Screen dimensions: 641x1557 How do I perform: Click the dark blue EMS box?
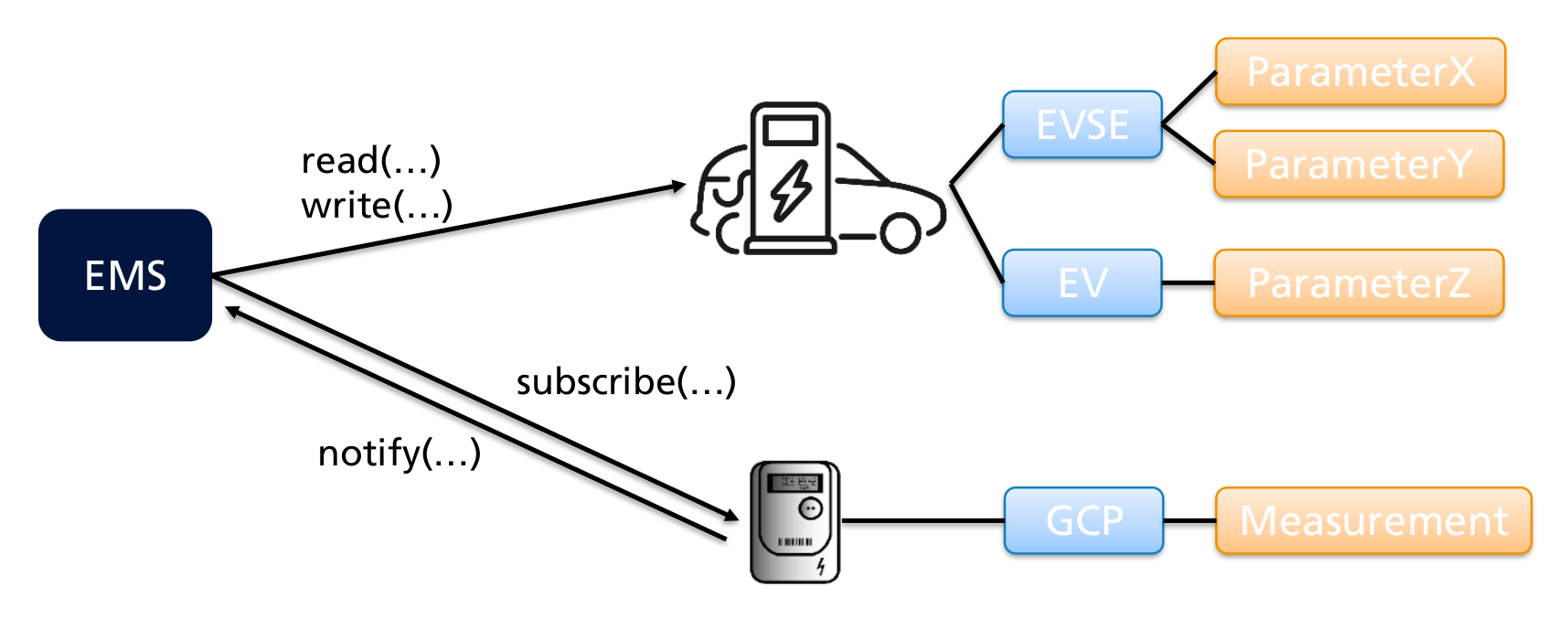pos(125,275)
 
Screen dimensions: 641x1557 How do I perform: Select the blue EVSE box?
pos(1082,124)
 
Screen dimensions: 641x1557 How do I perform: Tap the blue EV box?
pos(1082,283)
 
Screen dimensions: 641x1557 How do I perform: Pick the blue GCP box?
pos(1083,520)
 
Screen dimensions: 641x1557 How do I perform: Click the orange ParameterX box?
pos(1360,72)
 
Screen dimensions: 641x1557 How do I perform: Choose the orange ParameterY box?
pos(1359,165)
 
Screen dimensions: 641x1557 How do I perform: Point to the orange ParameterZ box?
pos(1359,283)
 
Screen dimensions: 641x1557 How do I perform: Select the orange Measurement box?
pos(1373,520)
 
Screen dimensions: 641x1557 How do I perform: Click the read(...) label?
pos(371,161)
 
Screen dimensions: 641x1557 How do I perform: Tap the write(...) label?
pos(377,206)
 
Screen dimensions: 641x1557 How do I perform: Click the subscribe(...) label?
pos(626,381)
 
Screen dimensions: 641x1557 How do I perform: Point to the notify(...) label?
pos(400,453)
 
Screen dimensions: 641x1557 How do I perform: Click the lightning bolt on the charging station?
pos(790,191)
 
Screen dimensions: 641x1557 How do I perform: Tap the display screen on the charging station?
pos(790,131)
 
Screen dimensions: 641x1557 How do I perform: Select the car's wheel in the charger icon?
pos(901,233)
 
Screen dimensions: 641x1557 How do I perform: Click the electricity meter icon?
pos(794,522)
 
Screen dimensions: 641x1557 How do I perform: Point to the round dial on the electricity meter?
pos(810,508)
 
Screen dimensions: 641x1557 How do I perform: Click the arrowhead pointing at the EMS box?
pos(233,313)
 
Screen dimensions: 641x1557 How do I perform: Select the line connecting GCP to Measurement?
pos(1189,520)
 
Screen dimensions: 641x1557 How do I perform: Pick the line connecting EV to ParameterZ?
pos(1188,283)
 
